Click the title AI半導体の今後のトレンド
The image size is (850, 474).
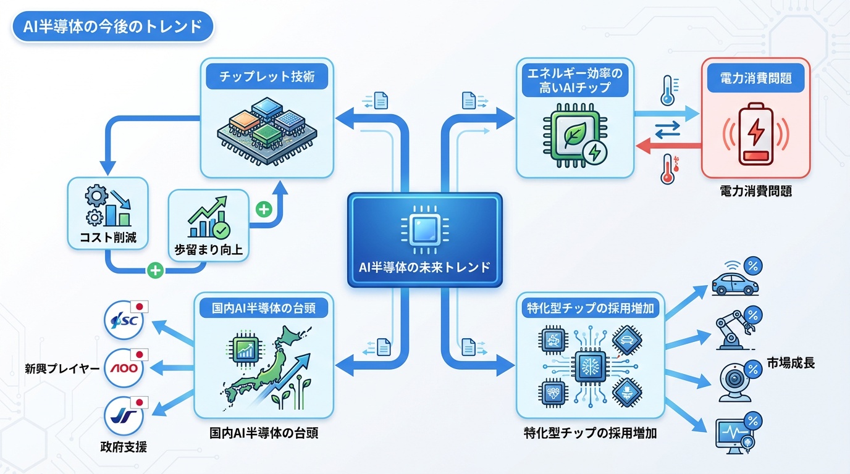click(x=112, y=27)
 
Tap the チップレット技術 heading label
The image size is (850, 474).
click(x=267, y=77)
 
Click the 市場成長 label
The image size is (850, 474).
click(x=790, y=362)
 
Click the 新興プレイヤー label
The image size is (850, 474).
click(x=62, y=368)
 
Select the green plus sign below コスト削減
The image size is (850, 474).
click(x=156, y=270)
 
